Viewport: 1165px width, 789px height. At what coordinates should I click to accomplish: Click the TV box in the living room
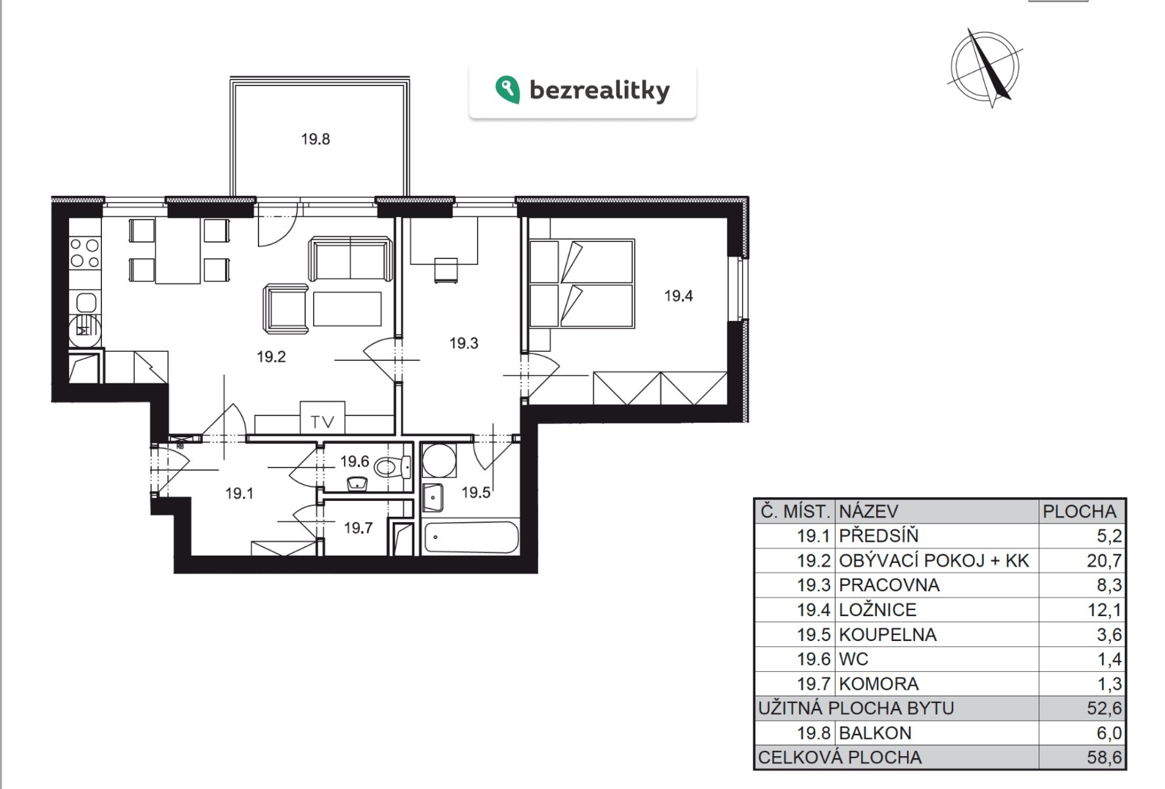322,418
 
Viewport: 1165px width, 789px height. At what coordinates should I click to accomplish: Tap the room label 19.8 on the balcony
316,139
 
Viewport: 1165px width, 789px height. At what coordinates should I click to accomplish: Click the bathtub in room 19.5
472,538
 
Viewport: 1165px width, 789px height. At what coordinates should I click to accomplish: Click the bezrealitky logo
582,90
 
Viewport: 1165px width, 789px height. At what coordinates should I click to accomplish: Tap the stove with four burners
85,253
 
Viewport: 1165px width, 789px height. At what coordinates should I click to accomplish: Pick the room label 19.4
679,296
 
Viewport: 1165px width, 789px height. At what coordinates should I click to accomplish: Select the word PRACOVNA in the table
889,585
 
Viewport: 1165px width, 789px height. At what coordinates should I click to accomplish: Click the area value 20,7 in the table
1104,561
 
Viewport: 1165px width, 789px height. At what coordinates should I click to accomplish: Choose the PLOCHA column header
1079,512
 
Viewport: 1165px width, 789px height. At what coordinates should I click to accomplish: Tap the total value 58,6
1104,757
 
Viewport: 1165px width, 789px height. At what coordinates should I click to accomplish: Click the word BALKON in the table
876,732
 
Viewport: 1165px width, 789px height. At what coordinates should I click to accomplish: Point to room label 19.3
464,343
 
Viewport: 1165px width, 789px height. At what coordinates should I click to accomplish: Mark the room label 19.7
359,528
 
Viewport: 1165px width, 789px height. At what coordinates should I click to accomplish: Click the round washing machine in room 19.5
439,461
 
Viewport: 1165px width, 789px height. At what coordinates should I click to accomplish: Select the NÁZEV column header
868,512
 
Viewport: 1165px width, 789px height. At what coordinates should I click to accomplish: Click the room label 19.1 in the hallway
239,493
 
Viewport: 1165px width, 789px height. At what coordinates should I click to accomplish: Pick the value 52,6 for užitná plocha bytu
1104,708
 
